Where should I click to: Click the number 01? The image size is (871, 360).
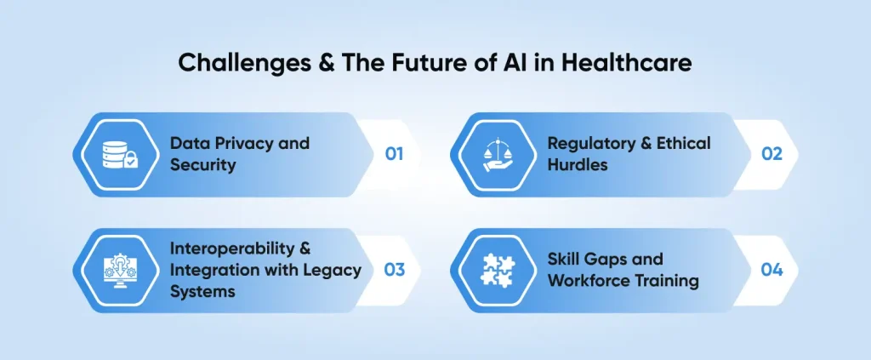click(394, 154)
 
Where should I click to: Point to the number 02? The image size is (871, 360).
click(771, 154)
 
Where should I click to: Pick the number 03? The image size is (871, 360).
click(394, 270)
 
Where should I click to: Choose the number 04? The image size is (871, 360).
click(771, 270)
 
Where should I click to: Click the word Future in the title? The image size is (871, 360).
click(407, 63)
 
